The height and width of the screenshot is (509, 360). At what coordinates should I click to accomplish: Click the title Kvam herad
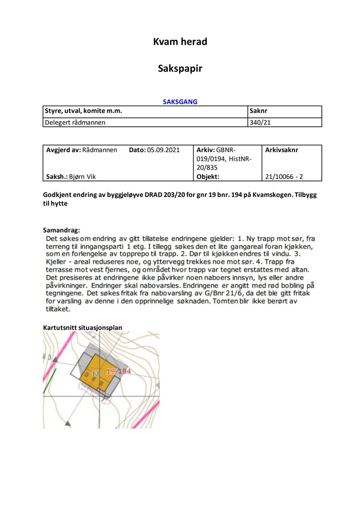click(x=180, y=41)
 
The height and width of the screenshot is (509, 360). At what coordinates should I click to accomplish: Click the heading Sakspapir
click(x=180, y=69)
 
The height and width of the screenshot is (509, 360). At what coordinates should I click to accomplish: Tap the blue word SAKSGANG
click(x=180, y=101)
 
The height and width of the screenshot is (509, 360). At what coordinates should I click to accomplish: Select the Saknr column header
click(x=259, y=112)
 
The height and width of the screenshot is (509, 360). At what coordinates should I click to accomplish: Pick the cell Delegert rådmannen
click(x=75, y=123)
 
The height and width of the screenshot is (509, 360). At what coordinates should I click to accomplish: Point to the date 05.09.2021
click(x=163, y=150)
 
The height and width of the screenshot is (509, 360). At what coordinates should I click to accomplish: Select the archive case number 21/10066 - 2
click(x=284, y=177)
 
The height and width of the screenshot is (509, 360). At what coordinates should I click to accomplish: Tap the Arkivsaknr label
click(x=282, y=150)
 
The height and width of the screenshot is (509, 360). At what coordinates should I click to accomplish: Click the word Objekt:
click(x=208, y=177)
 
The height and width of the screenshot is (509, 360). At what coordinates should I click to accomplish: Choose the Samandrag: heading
click(x=62, y=230)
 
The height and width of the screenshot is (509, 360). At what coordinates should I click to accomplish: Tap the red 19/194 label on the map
click(x=118, y=371)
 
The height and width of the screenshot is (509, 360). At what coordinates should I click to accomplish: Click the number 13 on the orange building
click(x=95, y=374)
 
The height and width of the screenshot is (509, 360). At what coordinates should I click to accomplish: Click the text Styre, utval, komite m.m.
click(x=83, y=112)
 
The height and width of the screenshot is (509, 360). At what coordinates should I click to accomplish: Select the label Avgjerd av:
click(x=64, y=150)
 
